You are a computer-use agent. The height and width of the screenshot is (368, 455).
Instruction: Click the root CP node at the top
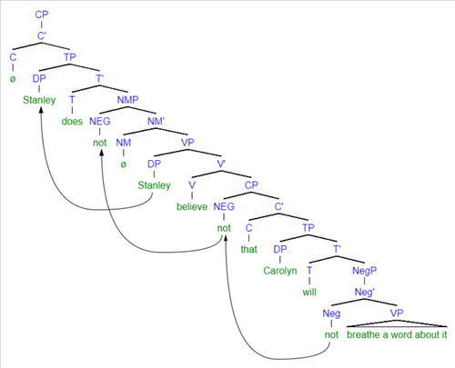coord(42,15)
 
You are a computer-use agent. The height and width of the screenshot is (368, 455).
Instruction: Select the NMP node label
coord(127,100)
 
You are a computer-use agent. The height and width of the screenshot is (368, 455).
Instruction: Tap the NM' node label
coord(156,121)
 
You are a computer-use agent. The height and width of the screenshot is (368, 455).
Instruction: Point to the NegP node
coord(364,271)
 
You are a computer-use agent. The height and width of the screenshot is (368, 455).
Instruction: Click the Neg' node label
coord(364,292)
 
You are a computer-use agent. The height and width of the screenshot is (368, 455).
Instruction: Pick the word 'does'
coord(72,121)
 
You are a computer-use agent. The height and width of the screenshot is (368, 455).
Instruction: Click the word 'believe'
coord(192,206)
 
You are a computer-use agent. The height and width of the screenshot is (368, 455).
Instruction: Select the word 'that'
coord(249,249)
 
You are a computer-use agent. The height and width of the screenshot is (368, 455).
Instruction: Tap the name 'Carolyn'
coord(280,271)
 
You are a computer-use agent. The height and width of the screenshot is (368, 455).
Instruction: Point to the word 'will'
coord(309,292)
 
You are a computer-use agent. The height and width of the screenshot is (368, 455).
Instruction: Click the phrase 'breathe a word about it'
coord(397,334)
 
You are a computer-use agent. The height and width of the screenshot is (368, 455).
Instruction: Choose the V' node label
coord(221,164)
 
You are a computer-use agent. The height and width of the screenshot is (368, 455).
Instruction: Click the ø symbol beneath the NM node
coord(123,164)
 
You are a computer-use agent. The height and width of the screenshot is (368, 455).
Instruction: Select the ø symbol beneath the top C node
coord(13,79)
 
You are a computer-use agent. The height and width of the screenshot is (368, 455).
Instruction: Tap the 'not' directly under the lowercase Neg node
coord(331,334)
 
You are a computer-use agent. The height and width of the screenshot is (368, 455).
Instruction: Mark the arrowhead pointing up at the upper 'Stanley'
coord(41,108)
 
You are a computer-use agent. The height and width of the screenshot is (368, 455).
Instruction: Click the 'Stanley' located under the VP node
coord(154,185)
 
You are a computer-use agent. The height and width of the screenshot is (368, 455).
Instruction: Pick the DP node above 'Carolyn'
coord(280,249)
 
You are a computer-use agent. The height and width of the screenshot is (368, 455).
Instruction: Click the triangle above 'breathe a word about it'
coord(397,323)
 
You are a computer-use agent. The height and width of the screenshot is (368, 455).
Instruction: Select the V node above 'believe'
coord(192,185)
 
